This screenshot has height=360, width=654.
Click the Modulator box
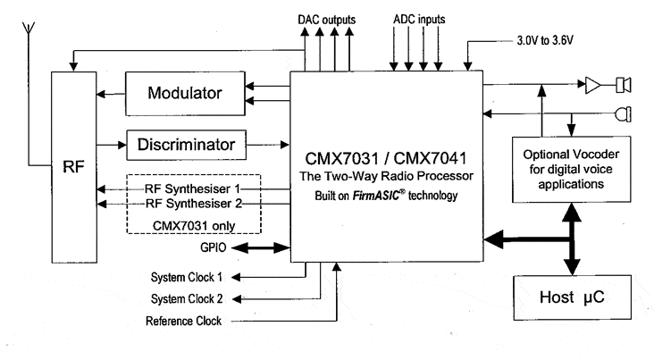click(184, 92)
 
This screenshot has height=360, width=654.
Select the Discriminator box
click(184, 143)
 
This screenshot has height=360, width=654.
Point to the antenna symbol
click(31, 36)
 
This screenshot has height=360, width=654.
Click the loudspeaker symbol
click(623, 86)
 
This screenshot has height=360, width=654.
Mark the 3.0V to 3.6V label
click(543, 40)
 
